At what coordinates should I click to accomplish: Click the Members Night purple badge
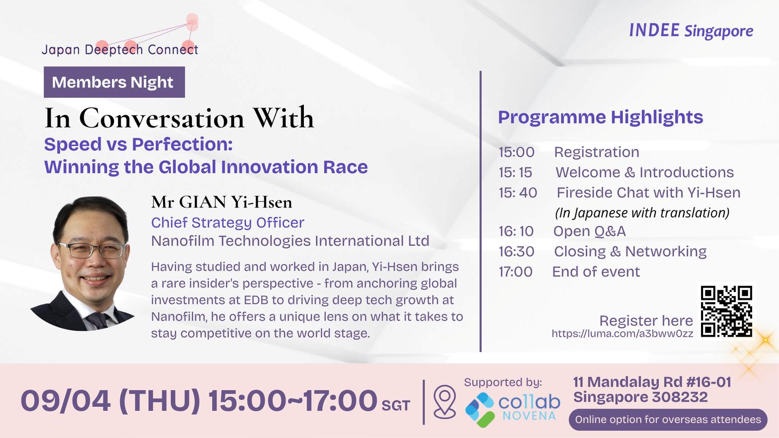click(114, 82)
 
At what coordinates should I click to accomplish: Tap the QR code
click(726, 311)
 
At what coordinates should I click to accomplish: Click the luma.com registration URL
click(622, 334)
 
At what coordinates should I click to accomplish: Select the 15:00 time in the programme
click(517, 152)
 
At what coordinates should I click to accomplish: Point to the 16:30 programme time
click(517, 252)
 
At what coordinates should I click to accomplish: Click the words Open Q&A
click(590, 232)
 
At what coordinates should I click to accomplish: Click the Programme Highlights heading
click(601, 117)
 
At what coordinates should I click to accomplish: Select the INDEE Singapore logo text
click(691, 31)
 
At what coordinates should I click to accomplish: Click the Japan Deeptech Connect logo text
click(120, 50)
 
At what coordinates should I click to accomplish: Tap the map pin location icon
click(445, 401)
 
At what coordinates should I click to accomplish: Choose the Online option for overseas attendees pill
click(668, 420)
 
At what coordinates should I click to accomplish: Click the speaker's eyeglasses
click(92, 250)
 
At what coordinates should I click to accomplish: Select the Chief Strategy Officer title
click(228, 223)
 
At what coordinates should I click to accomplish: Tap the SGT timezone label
click(396, 406)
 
